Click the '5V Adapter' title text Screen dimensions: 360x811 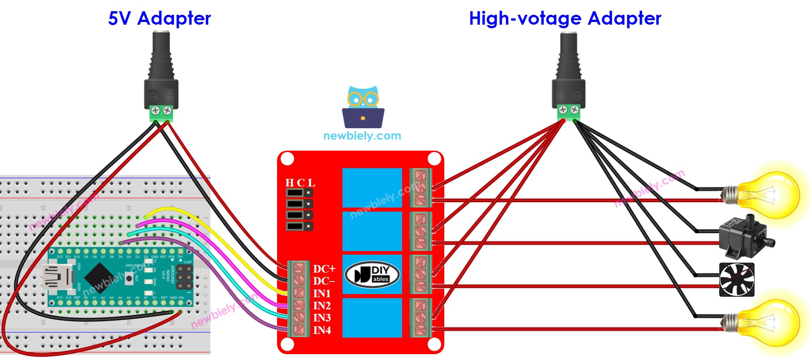159,18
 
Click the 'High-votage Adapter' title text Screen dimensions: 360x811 565,18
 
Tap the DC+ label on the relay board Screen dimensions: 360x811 324,269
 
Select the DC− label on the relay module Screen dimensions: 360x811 324,281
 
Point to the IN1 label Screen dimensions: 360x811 321,294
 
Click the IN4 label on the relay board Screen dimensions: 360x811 321,330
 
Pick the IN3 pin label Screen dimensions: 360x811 321,318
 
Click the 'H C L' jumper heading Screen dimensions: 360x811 300,183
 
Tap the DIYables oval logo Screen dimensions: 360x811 372,274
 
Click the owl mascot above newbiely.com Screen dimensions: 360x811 363,107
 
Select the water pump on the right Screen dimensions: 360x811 744,238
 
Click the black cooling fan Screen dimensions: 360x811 737,280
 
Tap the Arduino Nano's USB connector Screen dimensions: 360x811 56,277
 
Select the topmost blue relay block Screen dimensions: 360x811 372,187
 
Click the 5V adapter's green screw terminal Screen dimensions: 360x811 161,113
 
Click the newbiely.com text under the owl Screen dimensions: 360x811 362,136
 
